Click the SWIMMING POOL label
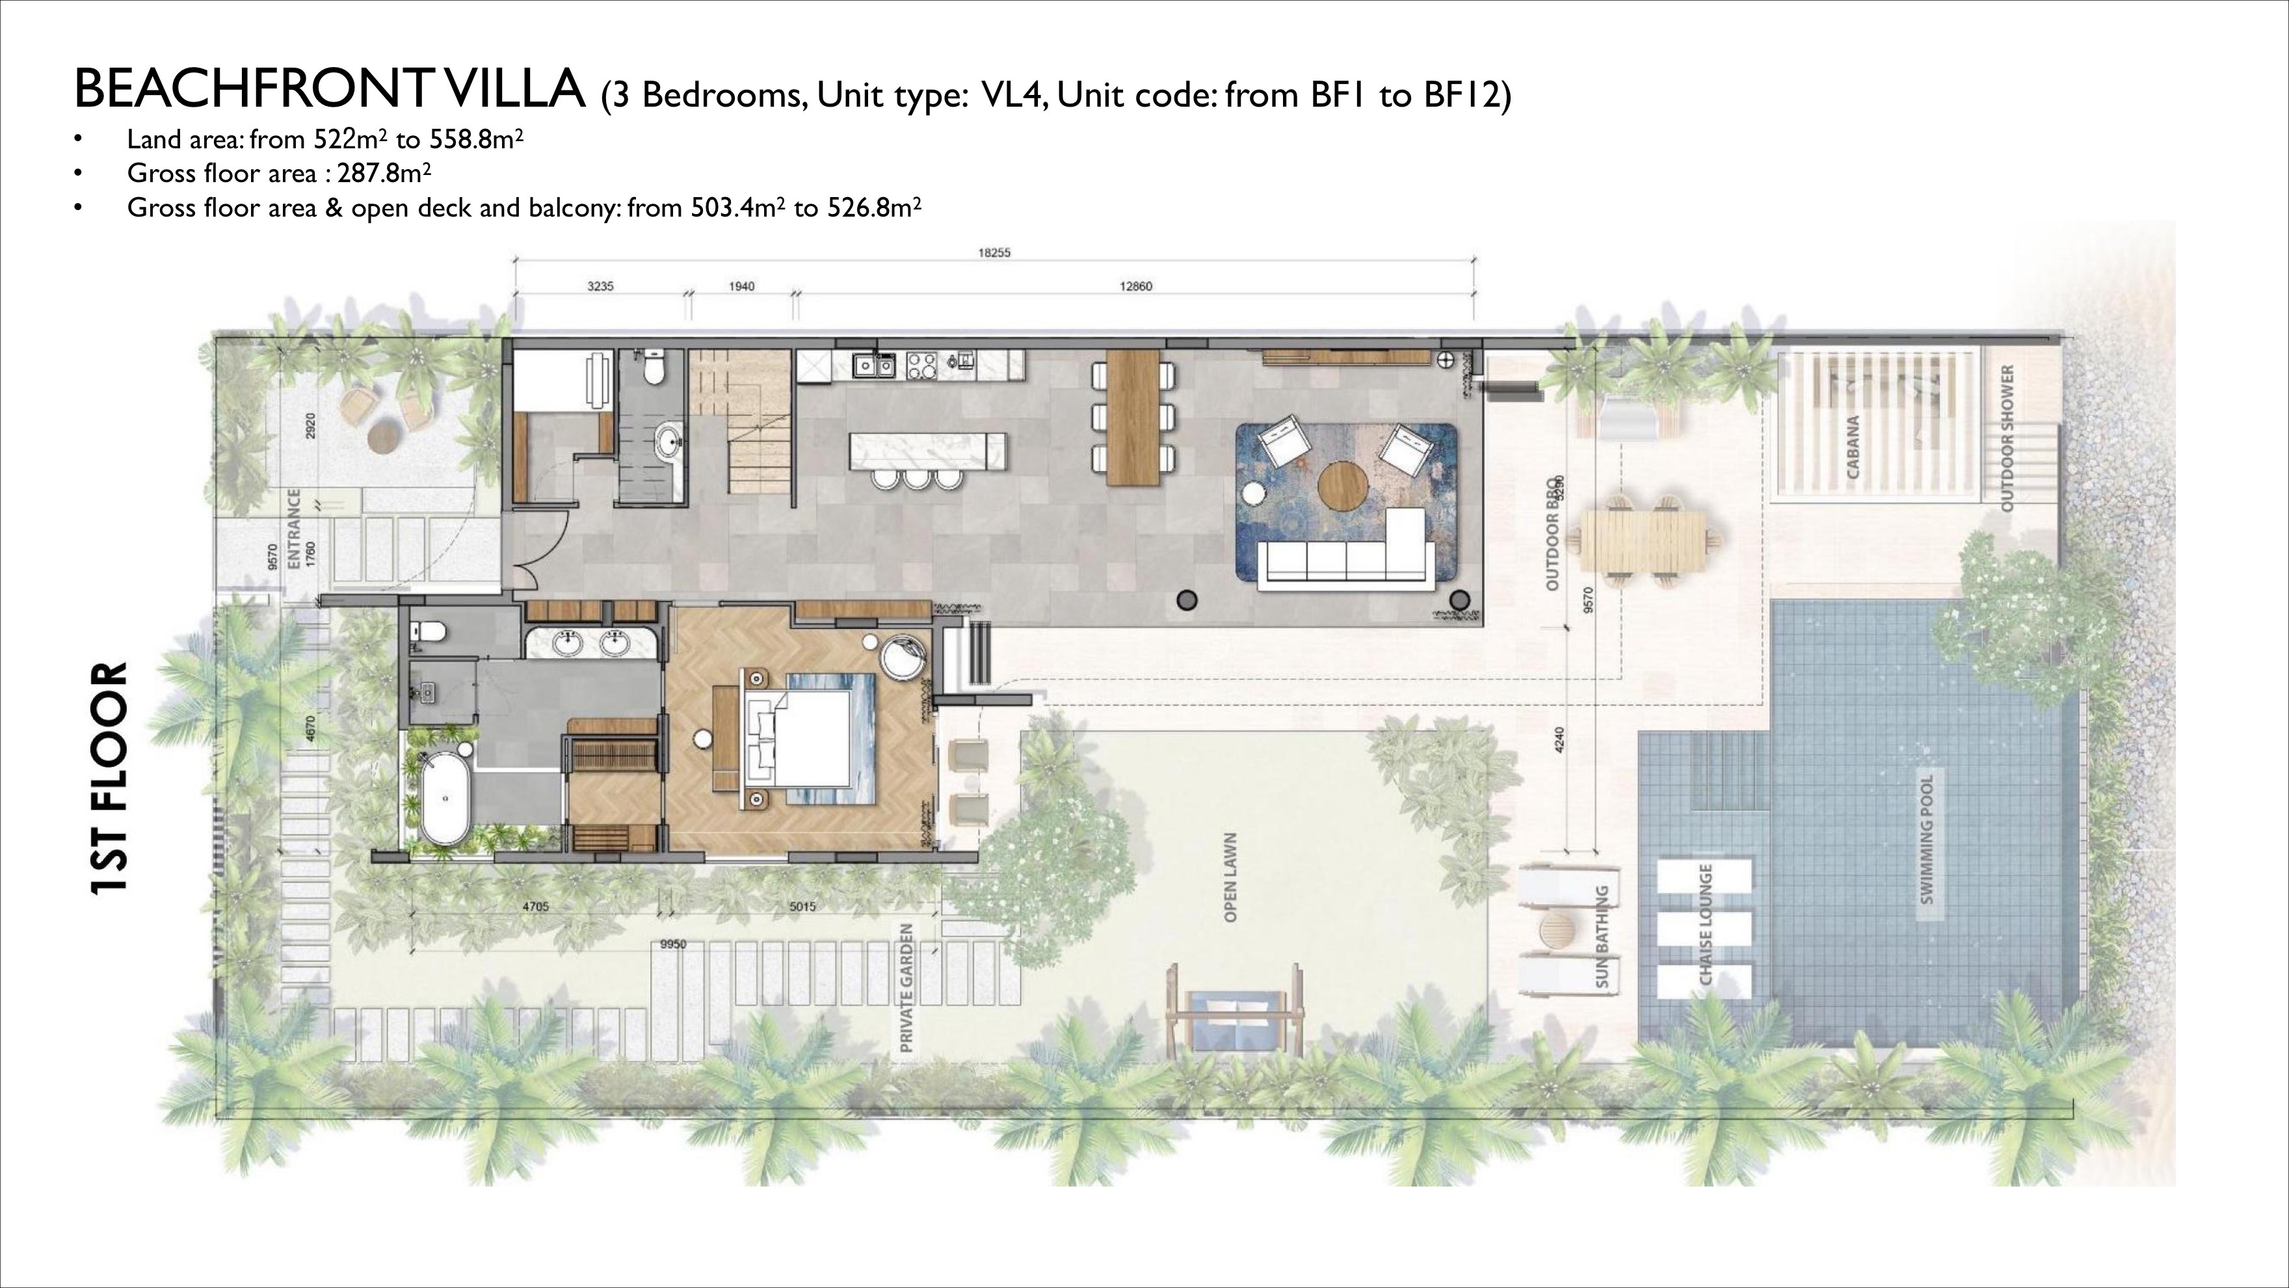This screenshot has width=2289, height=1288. tap(1926, 839)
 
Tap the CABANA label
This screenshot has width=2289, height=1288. tap(1853, 447)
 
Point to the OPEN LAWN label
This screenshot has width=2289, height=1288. tap(1231, 878)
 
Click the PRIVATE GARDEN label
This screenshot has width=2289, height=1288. tap(906, 987)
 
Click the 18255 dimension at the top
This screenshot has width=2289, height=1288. tap(994, 252)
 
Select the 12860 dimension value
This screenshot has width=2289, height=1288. tap(1135, 286)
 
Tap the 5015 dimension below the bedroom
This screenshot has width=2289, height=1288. tap(802, 907)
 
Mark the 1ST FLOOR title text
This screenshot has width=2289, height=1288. tap(110, 778)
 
